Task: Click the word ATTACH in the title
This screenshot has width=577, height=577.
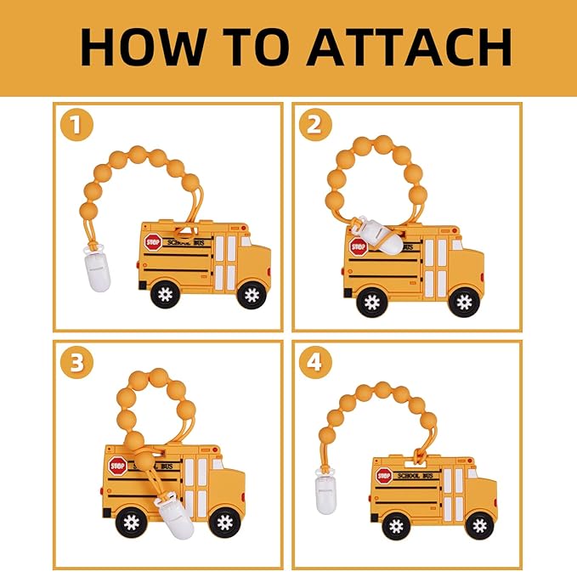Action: [409, 47]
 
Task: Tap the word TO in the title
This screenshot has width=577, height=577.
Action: [256, 47]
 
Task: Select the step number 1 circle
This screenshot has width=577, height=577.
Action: [76, 125]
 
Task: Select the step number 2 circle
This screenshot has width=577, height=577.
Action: [315, 125]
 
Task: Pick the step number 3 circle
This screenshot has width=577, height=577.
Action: [76, 363]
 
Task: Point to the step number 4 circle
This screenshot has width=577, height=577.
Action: [315, 363]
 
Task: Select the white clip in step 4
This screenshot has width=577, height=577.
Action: [326, 492]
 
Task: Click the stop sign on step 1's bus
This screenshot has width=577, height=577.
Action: [153, 242]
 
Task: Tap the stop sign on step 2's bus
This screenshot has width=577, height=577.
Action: [359, 247]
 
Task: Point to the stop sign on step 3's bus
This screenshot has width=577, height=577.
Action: [118, 467]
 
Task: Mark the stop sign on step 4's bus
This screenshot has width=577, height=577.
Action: [384, 476]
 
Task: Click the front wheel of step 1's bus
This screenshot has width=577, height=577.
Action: [252, 294]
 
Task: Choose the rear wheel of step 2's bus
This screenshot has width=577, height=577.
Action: [372, 303]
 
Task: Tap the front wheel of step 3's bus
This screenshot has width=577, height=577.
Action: [225, 522]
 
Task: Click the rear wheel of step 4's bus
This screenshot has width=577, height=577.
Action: [396, 527]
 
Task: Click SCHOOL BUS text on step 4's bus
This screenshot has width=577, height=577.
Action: [415, 475]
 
